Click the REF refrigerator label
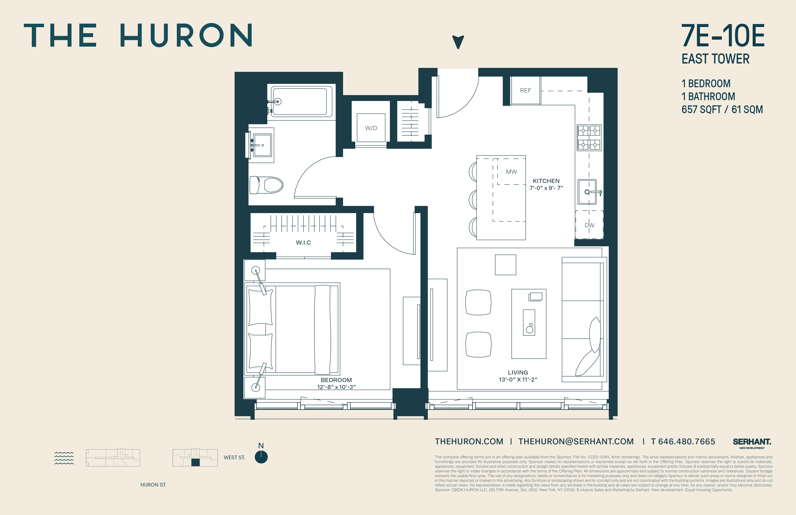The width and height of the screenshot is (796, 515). coord(525,90)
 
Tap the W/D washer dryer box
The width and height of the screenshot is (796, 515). coord(371,128)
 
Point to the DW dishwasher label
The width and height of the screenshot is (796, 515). coord(589,225)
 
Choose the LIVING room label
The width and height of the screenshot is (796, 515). coord(518,372)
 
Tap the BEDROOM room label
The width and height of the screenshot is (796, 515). coord(336,380)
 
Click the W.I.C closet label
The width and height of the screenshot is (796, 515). coord(303,243)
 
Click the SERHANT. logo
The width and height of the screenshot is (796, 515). coord(752,442)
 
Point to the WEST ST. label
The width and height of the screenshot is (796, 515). coord(234,457)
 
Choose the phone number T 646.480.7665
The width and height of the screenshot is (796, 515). coord(683,441)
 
